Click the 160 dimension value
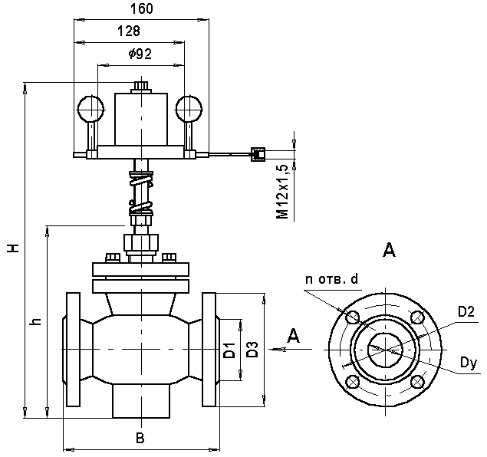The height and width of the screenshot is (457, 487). (141, 8)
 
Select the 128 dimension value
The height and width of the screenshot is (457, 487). (129, 31)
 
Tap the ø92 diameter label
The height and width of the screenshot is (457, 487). (140, 54)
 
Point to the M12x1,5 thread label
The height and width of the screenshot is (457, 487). (283, 192)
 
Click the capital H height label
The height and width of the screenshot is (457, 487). (14, 248)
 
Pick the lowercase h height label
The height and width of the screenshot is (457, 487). (36, 321)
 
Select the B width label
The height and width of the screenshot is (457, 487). (140, 438)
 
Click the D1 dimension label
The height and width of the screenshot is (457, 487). (229, 350)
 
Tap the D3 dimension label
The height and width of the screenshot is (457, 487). (252, 350)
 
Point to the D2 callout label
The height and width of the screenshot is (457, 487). (466, 312)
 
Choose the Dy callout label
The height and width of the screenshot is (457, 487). (468, 363)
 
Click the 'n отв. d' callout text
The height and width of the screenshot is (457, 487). (332, 279)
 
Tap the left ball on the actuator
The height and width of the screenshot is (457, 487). (90, 109)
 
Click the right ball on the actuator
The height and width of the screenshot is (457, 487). (189, 109)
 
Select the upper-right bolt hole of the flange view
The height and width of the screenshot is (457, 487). (417, 317)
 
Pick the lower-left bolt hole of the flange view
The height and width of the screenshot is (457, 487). (353, 382)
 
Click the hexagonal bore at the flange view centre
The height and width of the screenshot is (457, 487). (385, 350)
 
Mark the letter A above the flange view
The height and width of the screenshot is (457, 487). (389, 250)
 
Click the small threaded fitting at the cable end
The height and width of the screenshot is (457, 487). (258, 154)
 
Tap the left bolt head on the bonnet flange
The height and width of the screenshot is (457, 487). (113, 258)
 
